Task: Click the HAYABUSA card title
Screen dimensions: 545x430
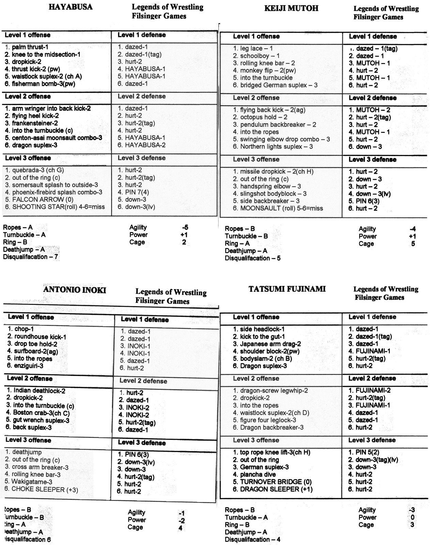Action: (70, 7)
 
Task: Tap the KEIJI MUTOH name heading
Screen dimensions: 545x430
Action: (291, 9)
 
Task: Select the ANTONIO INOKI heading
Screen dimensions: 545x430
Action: (75, 290)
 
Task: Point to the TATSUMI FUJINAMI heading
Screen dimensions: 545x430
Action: (287, 289)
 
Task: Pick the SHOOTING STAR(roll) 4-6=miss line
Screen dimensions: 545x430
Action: (55, 207)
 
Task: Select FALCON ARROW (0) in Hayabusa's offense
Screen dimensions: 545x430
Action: (39, 200)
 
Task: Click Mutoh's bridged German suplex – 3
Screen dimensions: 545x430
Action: (275, 85)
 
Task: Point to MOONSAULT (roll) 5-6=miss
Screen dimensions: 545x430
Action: (278, 208)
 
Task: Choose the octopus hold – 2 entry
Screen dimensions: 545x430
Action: (260, 117)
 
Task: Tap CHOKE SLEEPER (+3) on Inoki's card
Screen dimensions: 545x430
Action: (41, 489)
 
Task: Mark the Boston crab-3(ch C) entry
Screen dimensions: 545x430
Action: (38, 413)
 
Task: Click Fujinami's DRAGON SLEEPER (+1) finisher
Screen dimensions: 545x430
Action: (273, 489)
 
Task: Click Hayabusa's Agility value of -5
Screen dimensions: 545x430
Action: (185, 228)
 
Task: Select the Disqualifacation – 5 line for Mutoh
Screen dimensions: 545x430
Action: (252, 258)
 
